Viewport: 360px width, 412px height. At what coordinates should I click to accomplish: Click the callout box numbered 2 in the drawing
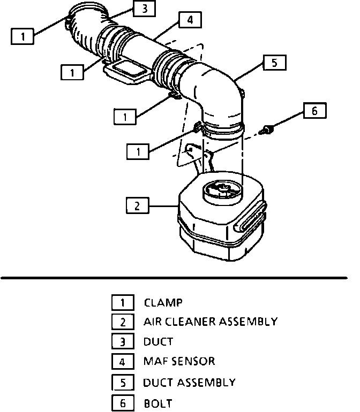[x=138, y=205]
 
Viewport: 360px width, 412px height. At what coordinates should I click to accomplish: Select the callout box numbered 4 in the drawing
[x=190, y=21]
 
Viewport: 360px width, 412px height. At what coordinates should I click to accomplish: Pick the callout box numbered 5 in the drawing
[x=274, y=63]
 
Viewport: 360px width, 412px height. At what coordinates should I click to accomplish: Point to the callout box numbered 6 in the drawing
[x=314, y=111]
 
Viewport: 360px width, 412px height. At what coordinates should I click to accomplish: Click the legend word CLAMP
[x=163, y=303]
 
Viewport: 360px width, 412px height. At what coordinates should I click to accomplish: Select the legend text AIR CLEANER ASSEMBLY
[x=210, y=322]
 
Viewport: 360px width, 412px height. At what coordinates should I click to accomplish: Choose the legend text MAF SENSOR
[x=179, y=361]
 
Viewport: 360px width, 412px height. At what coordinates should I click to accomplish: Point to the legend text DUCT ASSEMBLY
[x=189, y=382]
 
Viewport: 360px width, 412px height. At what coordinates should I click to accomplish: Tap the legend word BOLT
[x=158, y=403]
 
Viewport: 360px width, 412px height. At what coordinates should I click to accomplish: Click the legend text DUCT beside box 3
[x=158, y=341]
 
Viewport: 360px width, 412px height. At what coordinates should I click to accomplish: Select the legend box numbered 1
[x=123, y=303]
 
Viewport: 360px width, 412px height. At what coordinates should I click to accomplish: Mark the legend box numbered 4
[x=123, y=362]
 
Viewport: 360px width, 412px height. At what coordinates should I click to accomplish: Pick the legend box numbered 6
[x=123, y=403]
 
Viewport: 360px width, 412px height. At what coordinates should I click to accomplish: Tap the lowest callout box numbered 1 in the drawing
[x=138, y=152]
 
